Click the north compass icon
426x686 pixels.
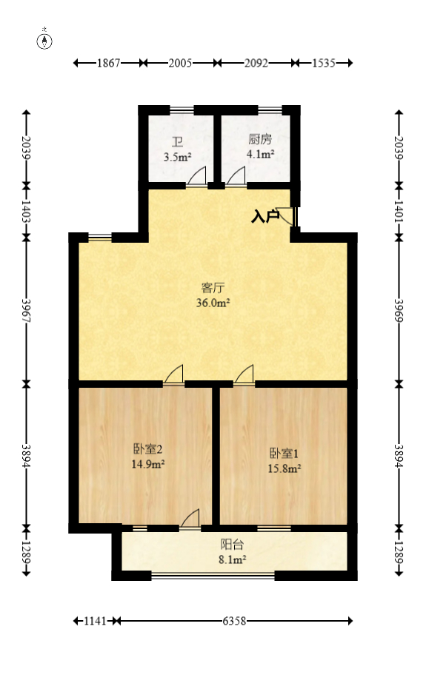pyautogui.click(x=46, y=40)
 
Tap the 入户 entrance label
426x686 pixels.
pyautogui.click(x=264, y=216)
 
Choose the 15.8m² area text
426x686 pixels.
pyautogui.click(x=284, y=468)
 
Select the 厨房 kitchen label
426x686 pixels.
pyautogui.click(x=260, y=139)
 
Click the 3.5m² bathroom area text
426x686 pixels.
pyautogui.click(x=178, y=157)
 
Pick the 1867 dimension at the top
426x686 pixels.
pyautogui.click(x=109, y=64)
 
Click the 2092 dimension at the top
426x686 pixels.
pyautogui.click(x=256, y=64)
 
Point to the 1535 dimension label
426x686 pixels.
pyautogui.click(x=323, y=64)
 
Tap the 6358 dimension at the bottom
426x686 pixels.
pyautogui.click(x=235, y=622)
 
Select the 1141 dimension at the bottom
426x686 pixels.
pyautogui.click(x=96, y=622)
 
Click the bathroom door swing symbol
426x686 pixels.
pyautogui.click(x=196, y=177)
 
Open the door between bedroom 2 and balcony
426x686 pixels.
pyautogui.click(x=190, y=519)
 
